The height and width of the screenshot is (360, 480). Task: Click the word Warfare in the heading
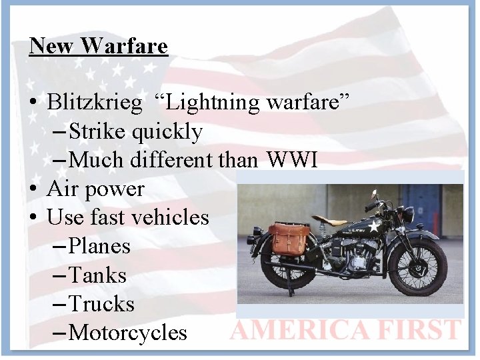[x=125, y=46]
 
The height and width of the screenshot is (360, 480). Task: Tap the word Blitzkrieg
[x=95, y=103]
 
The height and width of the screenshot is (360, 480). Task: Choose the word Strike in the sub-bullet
[x=98, y=132]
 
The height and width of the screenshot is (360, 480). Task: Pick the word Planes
[x=99, y=247]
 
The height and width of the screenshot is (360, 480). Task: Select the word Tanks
[x=97, y=275]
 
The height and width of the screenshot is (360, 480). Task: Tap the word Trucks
[x=101, y=304]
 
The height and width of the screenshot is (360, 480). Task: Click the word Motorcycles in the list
[x=128, y=333]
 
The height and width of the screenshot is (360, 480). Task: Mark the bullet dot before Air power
[x=33, y=190]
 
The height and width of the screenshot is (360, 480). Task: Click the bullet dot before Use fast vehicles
[x=33, y=219]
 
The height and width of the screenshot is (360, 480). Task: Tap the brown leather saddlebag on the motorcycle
[x=289, y=239]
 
